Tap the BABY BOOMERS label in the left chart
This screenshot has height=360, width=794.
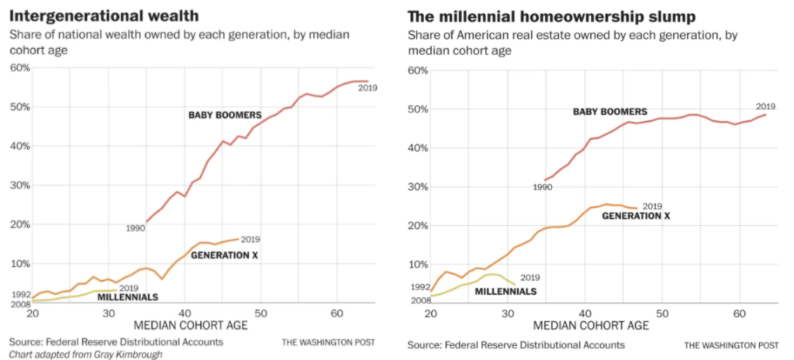225,116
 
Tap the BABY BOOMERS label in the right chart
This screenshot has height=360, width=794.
609,112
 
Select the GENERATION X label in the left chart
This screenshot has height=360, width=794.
224,254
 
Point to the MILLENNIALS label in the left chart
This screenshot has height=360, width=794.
128,297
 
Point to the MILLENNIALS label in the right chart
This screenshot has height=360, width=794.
505,291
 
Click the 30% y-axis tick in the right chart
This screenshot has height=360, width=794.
418,187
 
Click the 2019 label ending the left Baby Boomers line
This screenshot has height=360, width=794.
368,88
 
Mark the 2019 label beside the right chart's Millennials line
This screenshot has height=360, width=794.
530,278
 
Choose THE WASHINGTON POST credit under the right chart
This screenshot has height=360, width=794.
731,344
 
